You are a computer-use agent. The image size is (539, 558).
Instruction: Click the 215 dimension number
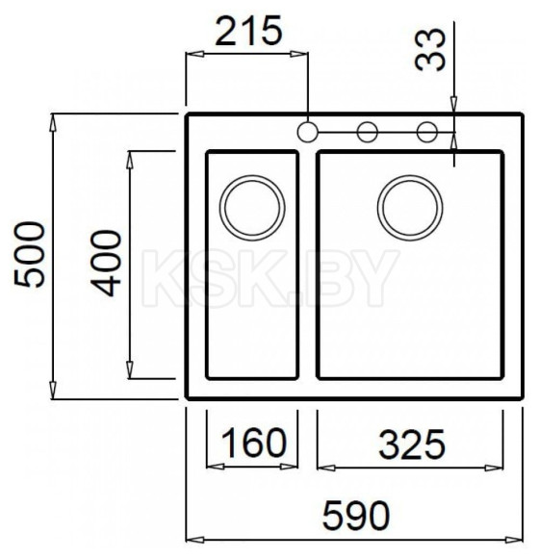248,31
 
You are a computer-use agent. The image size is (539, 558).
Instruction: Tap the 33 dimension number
430,49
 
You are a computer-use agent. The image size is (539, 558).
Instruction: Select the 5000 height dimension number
30,254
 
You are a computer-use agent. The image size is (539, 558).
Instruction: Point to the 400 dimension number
106,263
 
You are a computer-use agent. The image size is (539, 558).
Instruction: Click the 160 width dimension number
253,443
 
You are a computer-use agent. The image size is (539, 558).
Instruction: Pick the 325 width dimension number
412,444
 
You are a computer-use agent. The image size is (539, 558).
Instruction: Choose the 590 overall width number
356,515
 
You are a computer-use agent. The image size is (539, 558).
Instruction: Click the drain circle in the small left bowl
252,208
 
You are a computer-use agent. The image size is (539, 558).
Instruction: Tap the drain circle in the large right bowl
410,208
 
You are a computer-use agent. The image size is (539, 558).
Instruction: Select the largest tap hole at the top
307,132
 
